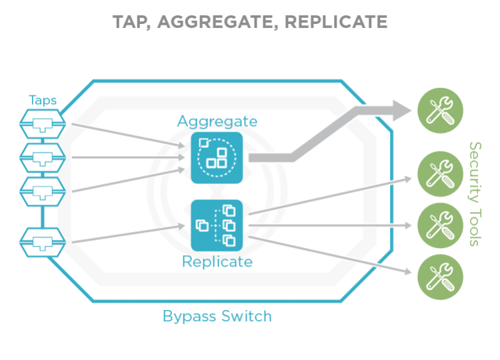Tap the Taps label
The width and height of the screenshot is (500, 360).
point(43,101)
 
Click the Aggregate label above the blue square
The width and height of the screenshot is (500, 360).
point(217,121)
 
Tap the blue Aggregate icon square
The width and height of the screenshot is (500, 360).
point(217,157)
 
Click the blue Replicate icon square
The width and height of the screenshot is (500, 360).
point(217,225)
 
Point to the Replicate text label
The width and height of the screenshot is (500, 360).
point(217,262)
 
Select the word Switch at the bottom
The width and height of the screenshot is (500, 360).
point(247,315)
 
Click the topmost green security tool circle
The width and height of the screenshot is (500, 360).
point(440,111)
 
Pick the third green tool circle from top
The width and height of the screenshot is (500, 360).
point(440,225)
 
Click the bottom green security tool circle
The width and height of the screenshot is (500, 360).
point(440,276)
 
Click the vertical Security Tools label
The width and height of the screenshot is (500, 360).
point(475,193)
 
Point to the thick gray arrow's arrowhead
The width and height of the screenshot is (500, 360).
point(401,111)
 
